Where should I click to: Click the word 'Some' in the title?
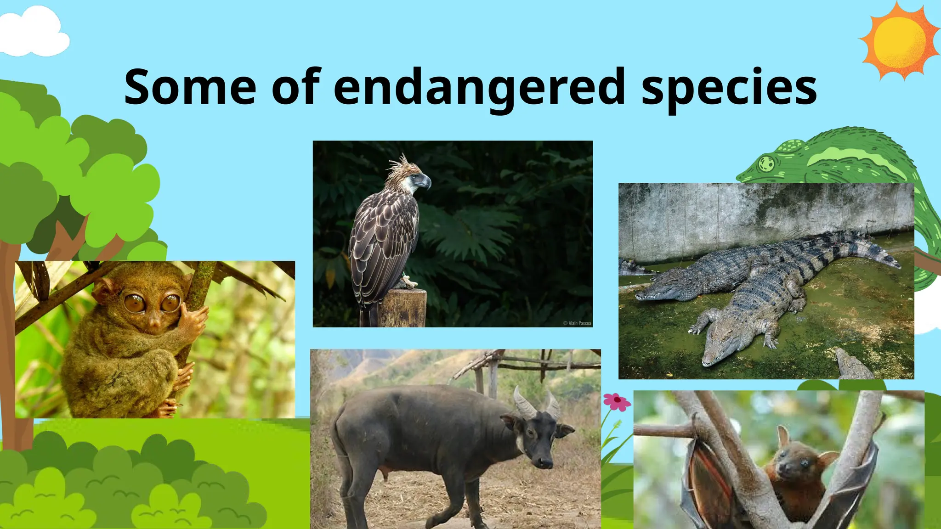tap(190, 87)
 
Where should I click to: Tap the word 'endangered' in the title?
tap(479, 87)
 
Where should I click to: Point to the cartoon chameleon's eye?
tap(766, 163)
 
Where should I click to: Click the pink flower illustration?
tap(617, 401)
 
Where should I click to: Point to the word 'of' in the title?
tap(295, 87)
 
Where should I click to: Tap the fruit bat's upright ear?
tap(782, 436)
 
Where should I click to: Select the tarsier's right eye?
tap(170, 302)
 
